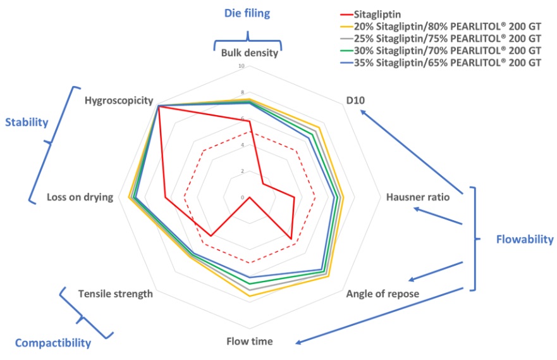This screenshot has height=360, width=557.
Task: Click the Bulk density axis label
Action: point(250,53)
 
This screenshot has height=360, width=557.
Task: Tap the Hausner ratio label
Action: point(417,197)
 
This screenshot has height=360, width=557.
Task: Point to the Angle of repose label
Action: point(383,294)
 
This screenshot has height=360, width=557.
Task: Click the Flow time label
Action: point(250,342)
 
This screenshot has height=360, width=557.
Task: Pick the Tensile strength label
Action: point(116,294)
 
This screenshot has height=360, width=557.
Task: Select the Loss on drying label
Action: point(80,197)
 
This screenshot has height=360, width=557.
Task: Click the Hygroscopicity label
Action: point(119,100)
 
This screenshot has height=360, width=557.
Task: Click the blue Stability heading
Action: point(26,122)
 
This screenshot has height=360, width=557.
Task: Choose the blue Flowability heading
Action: point(523,239)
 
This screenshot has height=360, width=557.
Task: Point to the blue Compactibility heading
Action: point(52,343)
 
